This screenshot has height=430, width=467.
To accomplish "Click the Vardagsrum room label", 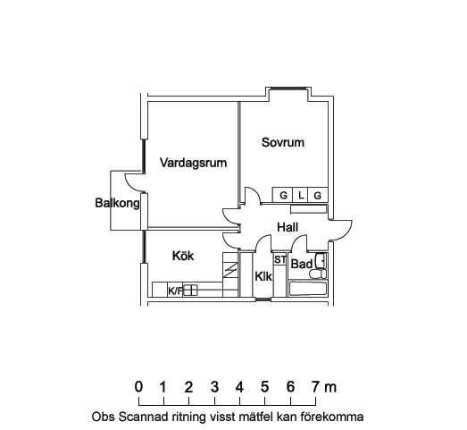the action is [193, 163].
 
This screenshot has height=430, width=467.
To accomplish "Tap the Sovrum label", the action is [283, 142].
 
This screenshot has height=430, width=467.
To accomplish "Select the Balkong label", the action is [117, 203].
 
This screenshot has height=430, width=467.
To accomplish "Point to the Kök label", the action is [183, 256].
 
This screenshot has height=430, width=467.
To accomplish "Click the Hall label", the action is [288, 228].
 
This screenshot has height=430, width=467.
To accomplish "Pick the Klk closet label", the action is [263, 277].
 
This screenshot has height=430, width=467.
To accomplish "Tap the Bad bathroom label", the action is [302, 264].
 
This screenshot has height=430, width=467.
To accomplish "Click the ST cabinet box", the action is [280, 259].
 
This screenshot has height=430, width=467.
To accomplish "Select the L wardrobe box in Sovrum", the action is [301, 195].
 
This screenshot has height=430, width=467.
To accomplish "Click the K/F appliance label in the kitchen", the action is [175, 291].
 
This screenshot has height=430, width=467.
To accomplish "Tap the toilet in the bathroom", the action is [318, 274].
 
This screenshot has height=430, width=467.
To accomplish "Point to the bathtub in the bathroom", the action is [308, 289].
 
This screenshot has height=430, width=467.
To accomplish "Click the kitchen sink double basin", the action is [190, 291].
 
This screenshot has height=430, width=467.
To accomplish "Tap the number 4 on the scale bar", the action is [239, 387].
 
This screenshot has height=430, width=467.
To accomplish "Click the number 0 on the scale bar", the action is [138, 387].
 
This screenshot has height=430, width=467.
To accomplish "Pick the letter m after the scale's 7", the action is [330, 388].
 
